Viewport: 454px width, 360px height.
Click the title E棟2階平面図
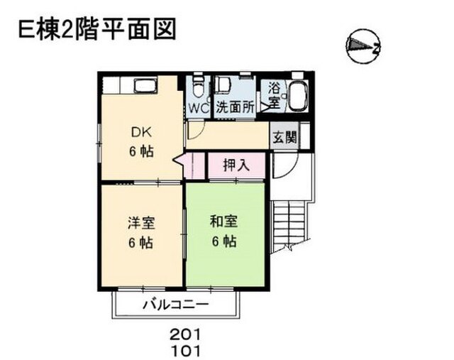(97, 29)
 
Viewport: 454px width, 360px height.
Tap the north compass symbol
(363, 46)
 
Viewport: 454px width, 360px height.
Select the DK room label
(141, 133)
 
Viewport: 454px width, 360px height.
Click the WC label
(199, 109)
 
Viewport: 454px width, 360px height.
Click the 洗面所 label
(235, 108)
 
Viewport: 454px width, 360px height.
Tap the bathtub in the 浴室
(298, 95)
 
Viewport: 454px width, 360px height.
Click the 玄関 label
(285, 136)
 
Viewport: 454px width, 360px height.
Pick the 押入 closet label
(236, 165)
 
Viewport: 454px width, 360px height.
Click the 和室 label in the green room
(224, 222)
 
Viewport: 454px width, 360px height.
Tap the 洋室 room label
(141, 223)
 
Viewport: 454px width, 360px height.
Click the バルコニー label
(176, 305)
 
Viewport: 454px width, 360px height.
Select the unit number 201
(185, 335)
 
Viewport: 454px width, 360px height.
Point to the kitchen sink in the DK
(145, 85)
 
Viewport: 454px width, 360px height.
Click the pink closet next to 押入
(194, 165)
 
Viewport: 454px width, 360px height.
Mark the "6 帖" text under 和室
(224, 241)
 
